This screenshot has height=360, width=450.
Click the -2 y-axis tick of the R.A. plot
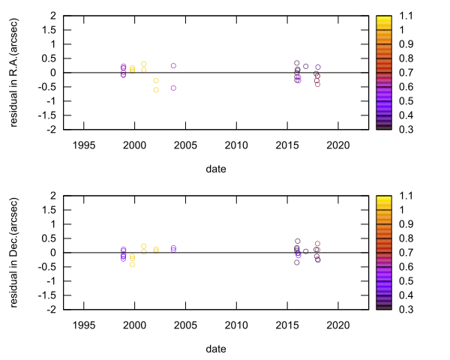coord(53,130)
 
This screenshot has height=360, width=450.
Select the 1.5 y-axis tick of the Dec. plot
coord(52,210)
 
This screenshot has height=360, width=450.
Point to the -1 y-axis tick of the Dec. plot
coord(53,281)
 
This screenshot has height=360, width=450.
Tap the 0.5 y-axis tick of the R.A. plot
coord(52,58)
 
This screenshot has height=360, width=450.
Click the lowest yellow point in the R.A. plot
coord(156,90)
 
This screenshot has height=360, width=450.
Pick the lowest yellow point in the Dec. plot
coord(132,264)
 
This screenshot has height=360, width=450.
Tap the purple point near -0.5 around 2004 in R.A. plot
coord(173,88)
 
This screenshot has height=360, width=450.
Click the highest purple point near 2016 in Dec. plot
coord(297,241)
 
